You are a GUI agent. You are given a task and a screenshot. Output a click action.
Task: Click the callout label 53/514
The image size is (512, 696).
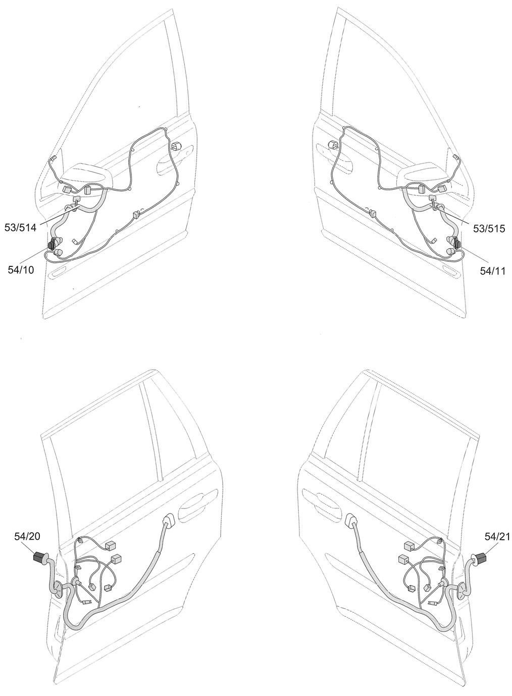(20, 228)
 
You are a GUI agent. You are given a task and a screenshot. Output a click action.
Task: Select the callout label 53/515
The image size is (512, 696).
(489, 228)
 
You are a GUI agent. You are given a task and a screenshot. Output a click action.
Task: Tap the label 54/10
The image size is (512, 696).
(21, 270)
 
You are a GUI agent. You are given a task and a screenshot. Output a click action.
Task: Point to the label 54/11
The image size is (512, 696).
(493, 271)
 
